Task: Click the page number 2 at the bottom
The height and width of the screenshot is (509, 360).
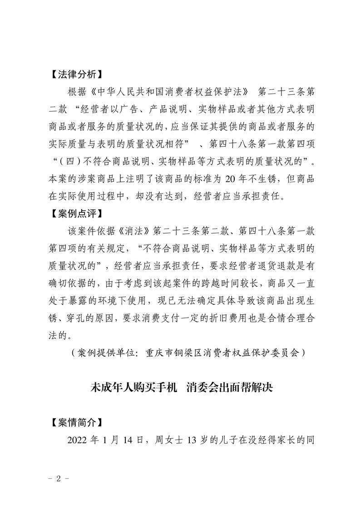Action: pos(58,479)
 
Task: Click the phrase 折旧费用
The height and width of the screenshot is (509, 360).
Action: pos(236,318)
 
